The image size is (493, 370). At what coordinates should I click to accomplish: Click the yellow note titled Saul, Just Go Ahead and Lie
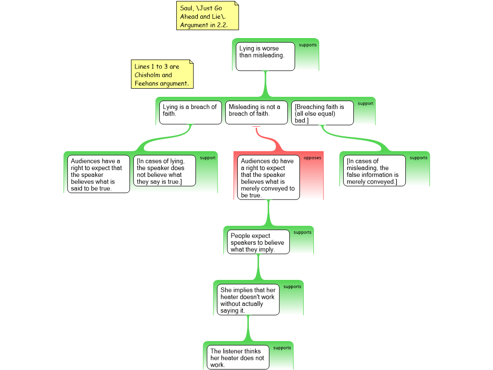pos(208,16)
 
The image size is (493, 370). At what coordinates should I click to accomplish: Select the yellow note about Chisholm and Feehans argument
pos(162,74)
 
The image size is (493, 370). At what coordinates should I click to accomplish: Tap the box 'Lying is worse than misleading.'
pos(265,57)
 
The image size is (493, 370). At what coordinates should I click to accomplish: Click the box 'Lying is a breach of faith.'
pos(191,112)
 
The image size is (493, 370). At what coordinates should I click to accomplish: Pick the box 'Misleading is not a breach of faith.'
pos(257,112)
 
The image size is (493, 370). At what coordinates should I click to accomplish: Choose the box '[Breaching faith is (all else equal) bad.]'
pos(323,113)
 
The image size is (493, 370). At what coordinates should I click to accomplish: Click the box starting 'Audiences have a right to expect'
pos(98,174)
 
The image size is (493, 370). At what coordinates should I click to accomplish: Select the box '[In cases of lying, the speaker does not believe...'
pos(165,171)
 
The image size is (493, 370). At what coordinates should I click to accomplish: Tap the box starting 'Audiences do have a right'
pos(269,177)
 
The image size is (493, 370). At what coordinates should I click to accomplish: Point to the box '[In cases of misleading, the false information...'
pos(375,171)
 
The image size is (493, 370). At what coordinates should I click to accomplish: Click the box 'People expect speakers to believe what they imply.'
pos(259,242)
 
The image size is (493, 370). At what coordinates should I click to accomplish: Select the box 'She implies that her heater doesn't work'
pos(248,300)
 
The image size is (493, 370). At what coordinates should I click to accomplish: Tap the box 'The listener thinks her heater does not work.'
pos(238,357)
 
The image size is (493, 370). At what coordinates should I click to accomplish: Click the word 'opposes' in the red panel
pos(312,158)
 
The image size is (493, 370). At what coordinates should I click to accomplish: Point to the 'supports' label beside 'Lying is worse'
pos(308,45)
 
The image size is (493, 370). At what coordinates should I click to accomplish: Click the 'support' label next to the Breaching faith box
pos(365,104)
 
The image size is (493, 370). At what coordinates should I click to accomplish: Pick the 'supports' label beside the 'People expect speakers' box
pos(302,233)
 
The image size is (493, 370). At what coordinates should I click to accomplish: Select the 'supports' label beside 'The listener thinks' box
pos(282,348)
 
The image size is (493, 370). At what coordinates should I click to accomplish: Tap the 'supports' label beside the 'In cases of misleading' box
pos(418,158)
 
